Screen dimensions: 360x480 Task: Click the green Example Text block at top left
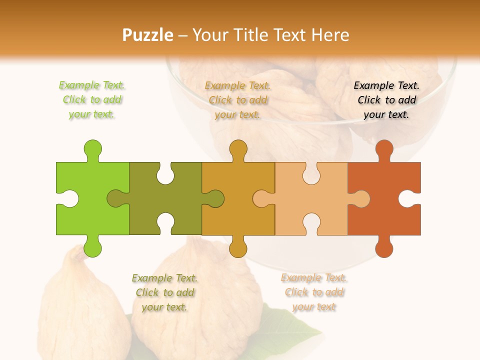(92, 99)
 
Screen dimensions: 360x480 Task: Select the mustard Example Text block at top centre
(238, 100)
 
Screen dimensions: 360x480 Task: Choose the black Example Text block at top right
(386, 99)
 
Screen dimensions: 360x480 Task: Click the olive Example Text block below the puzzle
(165, 292)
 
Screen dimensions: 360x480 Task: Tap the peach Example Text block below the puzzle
(314, 292)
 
